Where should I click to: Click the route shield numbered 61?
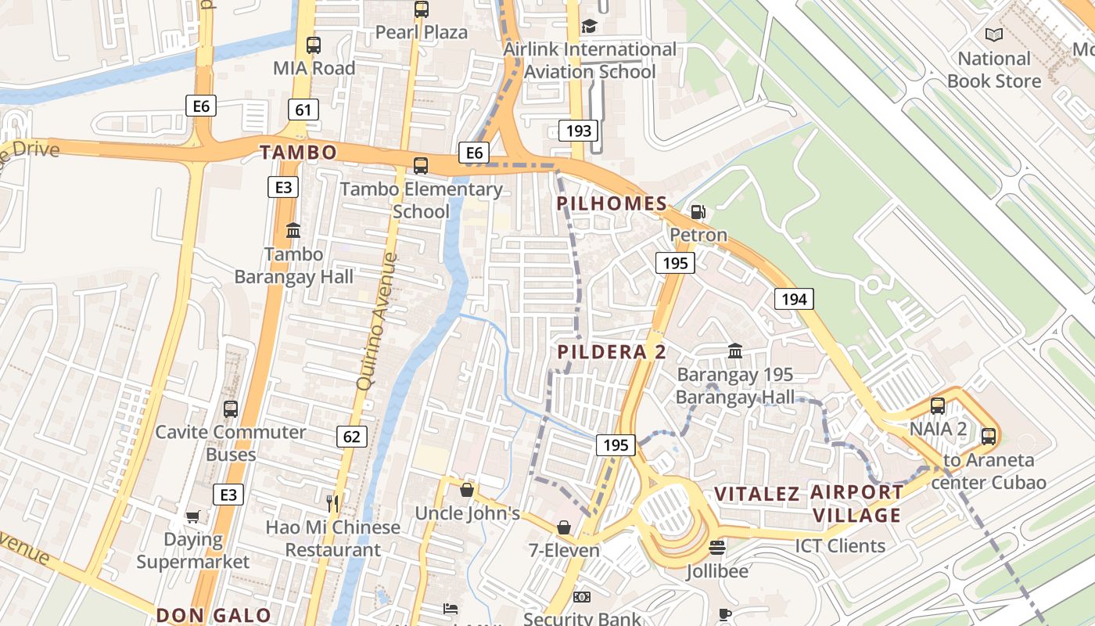[x=303, y=110]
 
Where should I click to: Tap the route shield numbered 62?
[x=351, y=436]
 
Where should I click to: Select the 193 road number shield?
[x=578, y=130]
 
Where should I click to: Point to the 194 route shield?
[x=793, y=298]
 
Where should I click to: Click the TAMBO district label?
[x=298, y=153]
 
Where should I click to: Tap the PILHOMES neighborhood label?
[x=612, y=204]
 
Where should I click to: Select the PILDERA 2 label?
[x=612, y=352]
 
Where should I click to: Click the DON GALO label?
[x=214, y=615]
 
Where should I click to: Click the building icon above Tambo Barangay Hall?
[x=293, y=231]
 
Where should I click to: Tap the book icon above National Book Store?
[x=994, y=35]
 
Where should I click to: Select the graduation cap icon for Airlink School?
[x=589, y=27]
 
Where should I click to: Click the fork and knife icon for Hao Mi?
[x=333, y=503]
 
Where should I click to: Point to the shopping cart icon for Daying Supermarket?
[x=192, y=516]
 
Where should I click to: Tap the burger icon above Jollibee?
[x=717, y=548]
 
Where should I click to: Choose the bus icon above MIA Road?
[x=314, y=45]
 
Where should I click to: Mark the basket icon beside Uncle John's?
[x=467, y=490]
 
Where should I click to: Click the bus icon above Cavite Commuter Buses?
[x=231, y=408]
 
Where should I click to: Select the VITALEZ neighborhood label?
[x=757, y=494]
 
